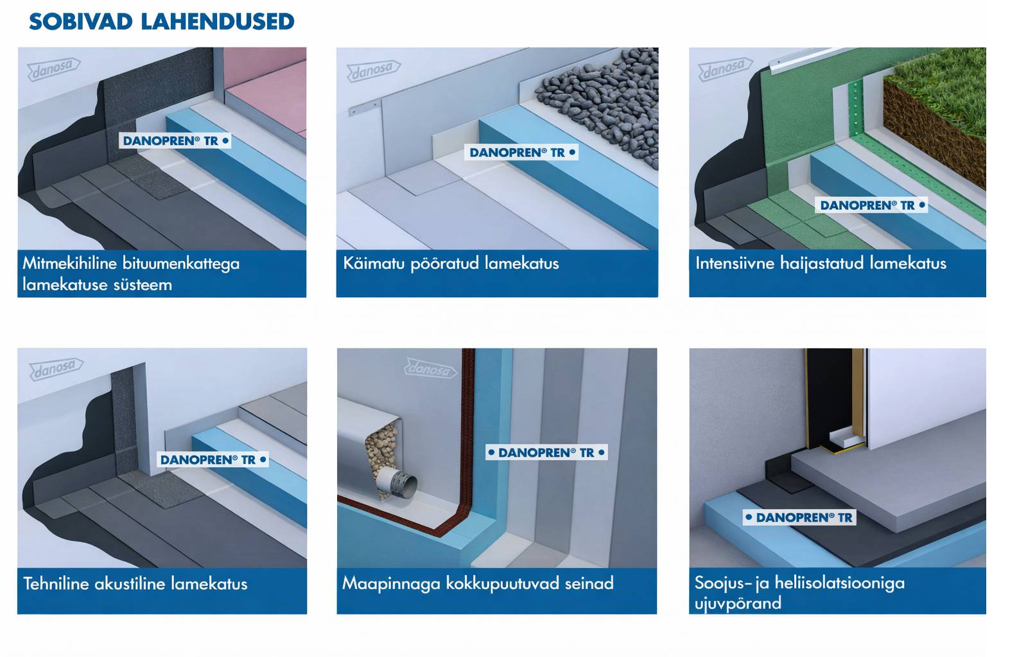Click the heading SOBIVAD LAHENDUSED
tap(161, 22)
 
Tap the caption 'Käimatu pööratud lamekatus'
tap(451, 263)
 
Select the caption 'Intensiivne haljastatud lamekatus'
tap(821, 263)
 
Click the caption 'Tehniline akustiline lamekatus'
tap(135, 584)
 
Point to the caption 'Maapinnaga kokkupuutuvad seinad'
tap(478, 584)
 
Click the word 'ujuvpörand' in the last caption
tap(738, 603)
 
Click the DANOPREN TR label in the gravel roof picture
tap(521, 152)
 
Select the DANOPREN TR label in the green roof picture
tap(871, 205)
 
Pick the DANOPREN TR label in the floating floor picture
tap(799, 517)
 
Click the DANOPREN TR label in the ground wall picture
tap(546, 452)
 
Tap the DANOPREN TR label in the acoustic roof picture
tap(213, 459)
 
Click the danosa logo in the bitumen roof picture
tap(54, 69)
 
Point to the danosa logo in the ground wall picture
tap(431, 369)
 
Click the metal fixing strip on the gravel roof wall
tap(364, 108)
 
